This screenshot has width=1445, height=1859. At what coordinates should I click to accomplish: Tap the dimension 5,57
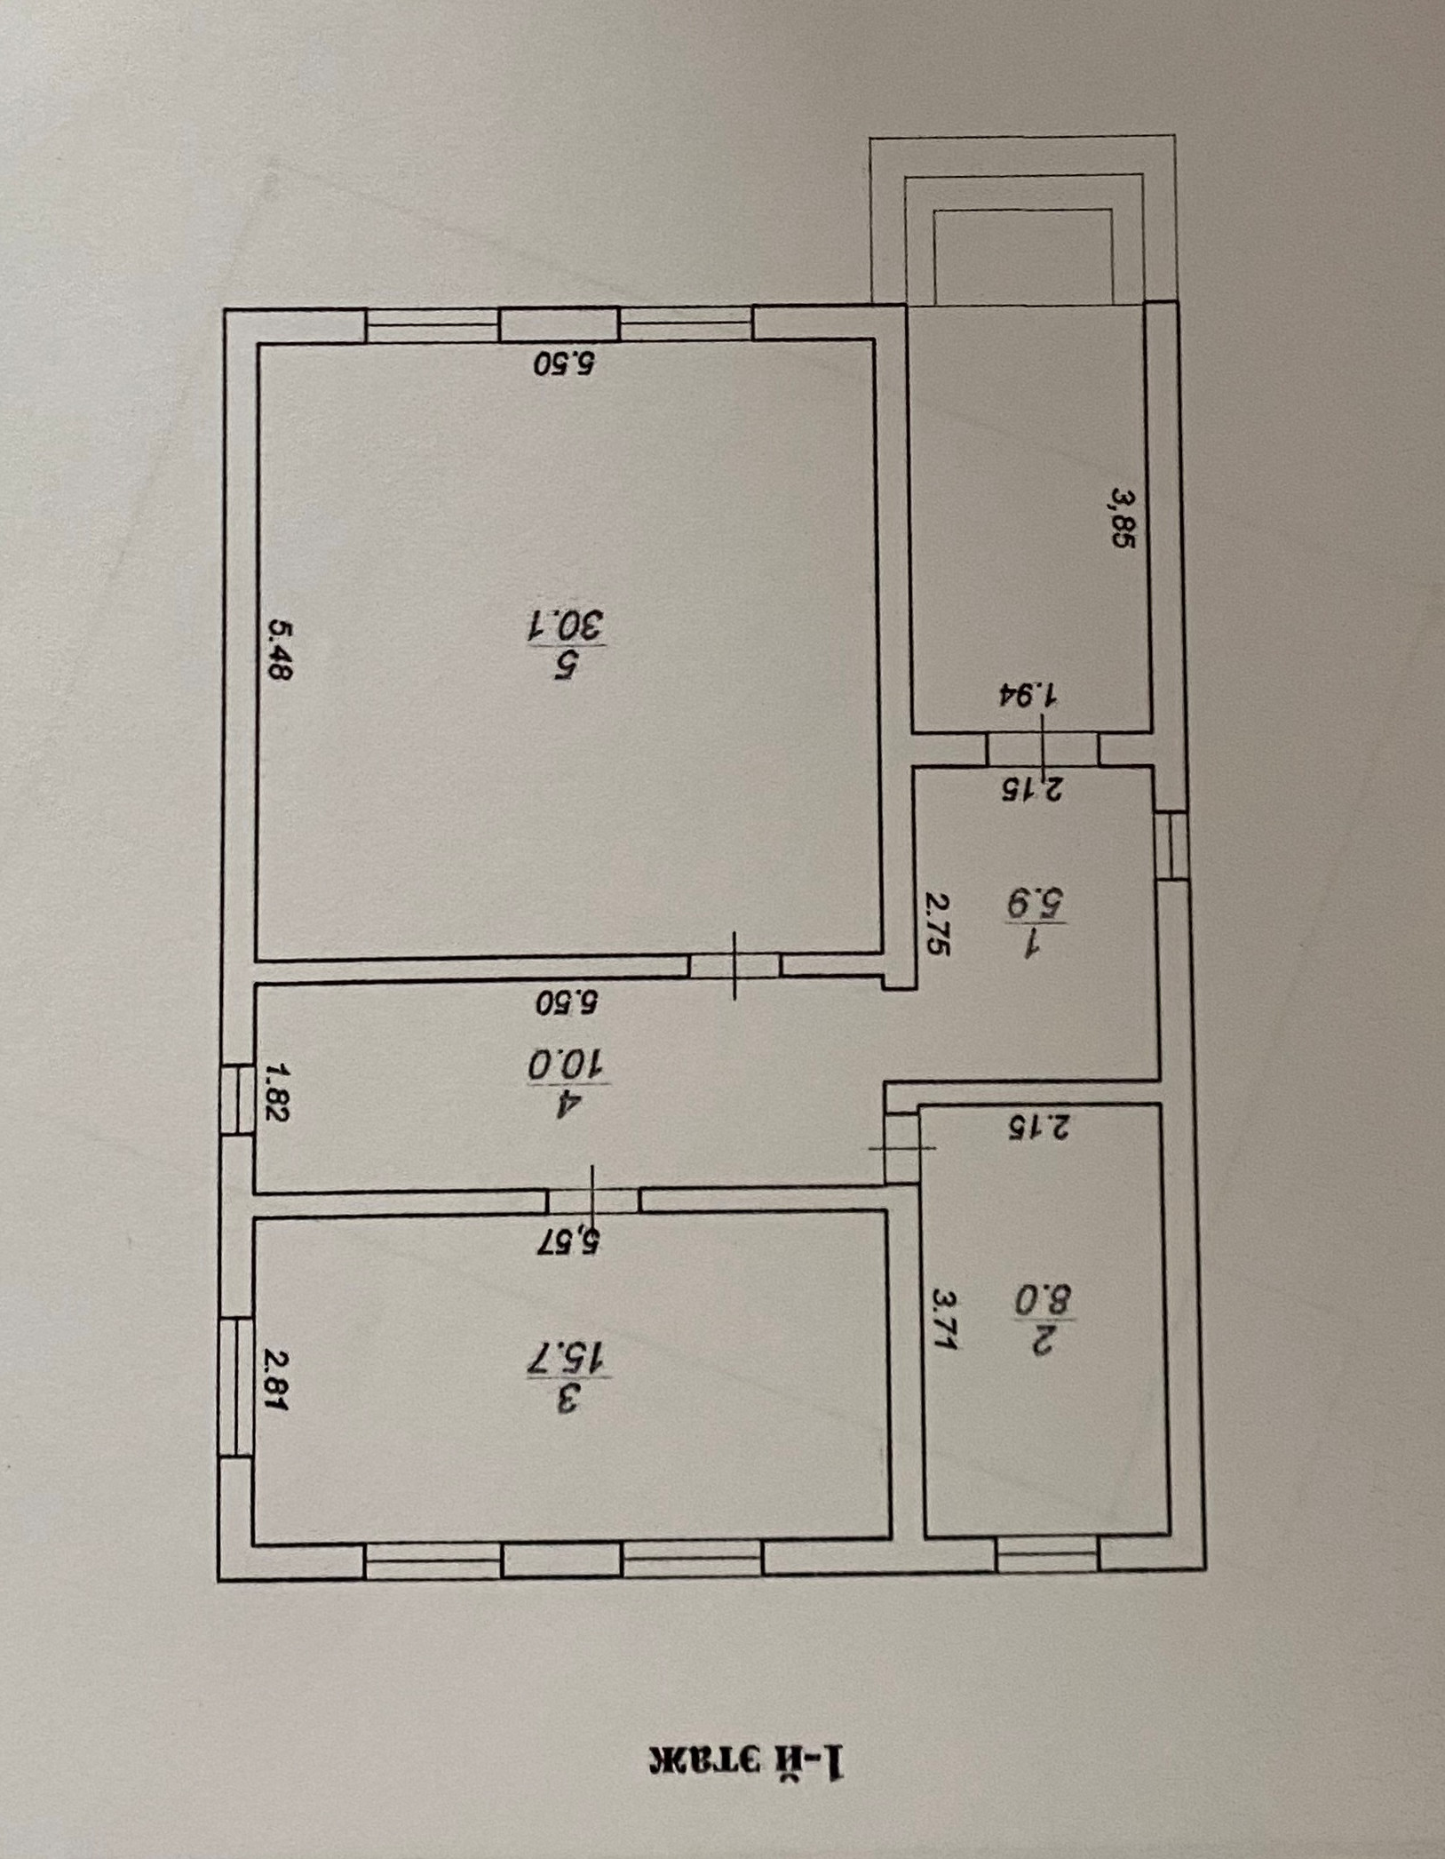(568, 1239)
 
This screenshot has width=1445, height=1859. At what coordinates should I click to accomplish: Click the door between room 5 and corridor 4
(734, 965)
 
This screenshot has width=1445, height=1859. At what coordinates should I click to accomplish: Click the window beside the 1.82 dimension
(236, 1099)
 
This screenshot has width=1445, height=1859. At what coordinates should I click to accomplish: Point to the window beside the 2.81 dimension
(235, 1386)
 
